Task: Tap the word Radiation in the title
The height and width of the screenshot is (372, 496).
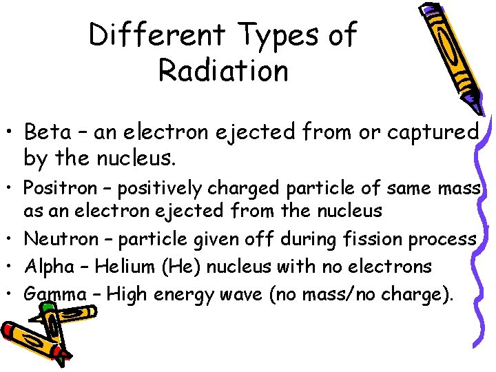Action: coord(223,70)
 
